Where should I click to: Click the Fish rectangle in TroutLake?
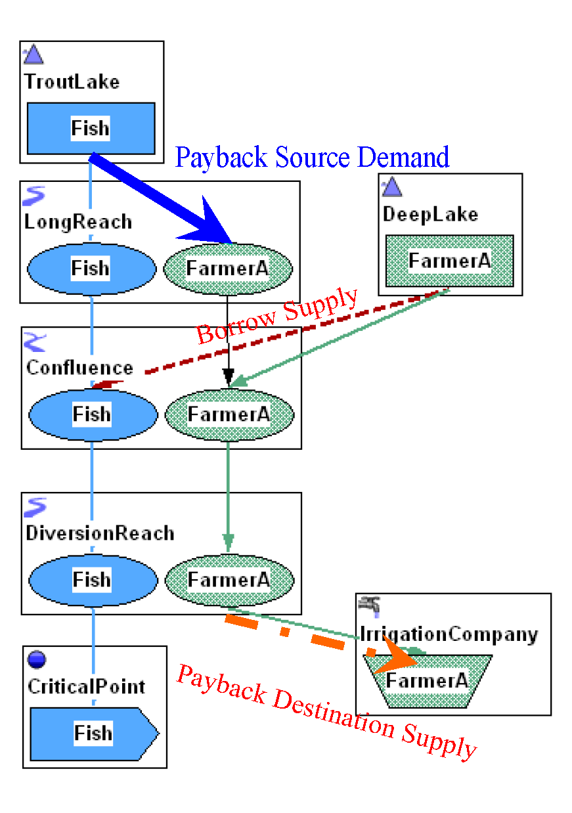tap(91, 128)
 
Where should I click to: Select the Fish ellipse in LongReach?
tap(91, 268)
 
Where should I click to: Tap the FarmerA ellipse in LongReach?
tap(227, 268)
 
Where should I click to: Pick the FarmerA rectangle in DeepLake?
tap(449, 261)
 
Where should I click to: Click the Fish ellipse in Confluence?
tap(93, 414)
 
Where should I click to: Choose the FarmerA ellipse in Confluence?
tap(229, 414)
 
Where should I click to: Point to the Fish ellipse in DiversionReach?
tap(93, 580)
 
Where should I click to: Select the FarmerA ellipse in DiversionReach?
tap(229, 580)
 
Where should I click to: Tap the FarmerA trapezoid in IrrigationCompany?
tap(427, 681)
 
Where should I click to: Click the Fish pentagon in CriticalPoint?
tap(93, 733)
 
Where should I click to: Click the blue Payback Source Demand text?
tap(312, 158)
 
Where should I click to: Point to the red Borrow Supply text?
tap(278, 316)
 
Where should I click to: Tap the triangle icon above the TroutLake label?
tap(33, 55)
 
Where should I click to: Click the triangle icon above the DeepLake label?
tap(392, 188)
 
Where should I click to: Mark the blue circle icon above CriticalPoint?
tap(37, 659)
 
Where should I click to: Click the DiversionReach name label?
tap(100, 533)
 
